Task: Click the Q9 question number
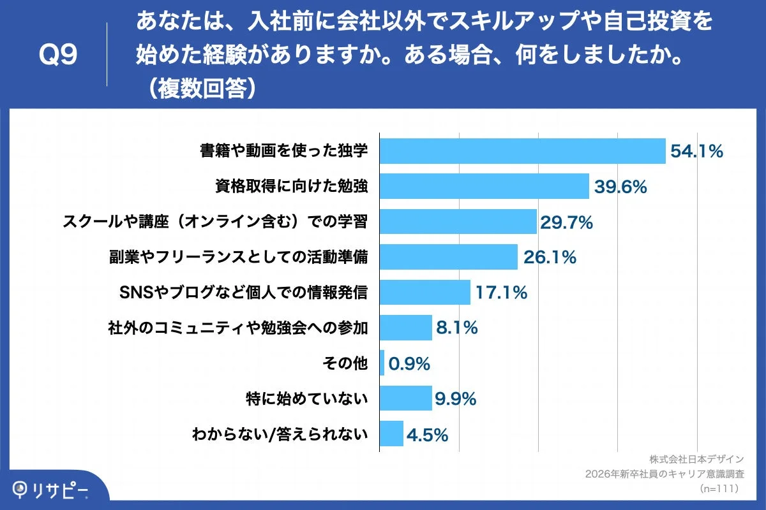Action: point(58,55)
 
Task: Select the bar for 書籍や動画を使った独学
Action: point(522,151)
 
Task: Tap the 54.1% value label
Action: point(696,151)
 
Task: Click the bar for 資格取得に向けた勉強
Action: point(484,186)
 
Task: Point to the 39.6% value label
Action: point(620,187)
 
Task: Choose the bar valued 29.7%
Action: point(458,222)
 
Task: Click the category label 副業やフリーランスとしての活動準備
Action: point(239,257)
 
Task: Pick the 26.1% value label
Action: point(550,258)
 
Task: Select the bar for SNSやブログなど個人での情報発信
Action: point(424,293)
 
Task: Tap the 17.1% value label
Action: point(500,293)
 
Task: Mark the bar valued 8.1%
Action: point(405,328)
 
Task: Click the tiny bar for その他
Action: point(382,363)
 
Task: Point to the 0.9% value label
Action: point(409,364)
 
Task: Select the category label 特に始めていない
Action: point(307,399)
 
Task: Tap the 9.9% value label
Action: point(456,400)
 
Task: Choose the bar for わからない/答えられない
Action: point(391,434)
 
